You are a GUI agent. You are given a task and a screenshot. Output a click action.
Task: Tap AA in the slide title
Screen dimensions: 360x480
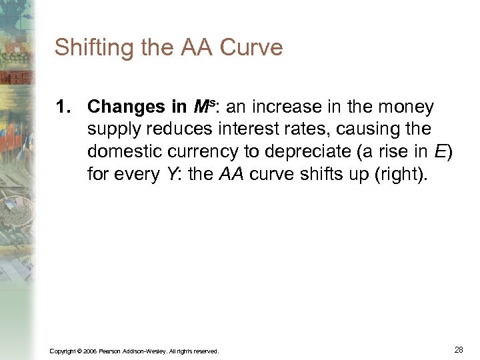click(193, 48)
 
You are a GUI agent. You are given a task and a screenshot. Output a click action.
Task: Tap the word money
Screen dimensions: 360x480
click(403, 107)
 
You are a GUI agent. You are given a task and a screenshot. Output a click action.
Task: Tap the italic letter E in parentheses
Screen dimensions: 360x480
click(439, 151)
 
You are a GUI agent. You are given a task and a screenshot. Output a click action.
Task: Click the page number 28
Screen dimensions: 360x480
click(459, 349)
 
